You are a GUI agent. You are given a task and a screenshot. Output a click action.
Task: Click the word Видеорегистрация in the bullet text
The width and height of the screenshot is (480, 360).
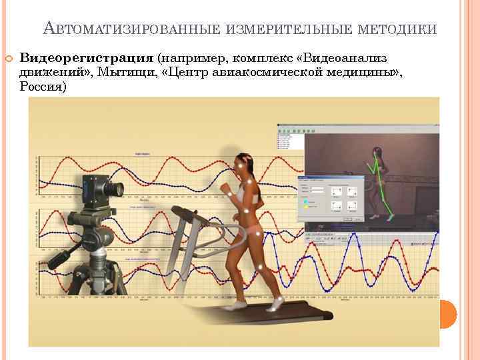tap(87, 59)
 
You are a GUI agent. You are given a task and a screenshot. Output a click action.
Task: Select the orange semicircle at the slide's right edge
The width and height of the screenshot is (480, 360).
tap(449, 314)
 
